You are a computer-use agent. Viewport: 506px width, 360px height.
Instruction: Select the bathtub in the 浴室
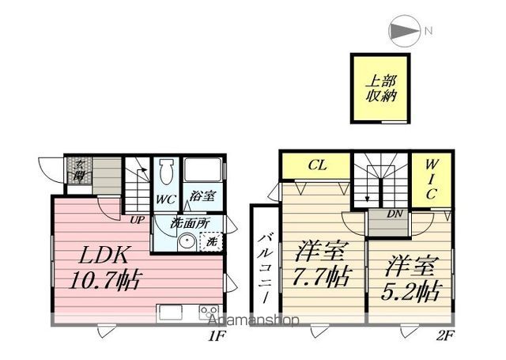point(205,171)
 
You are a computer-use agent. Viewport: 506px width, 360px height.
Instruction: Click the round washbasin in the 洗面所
point(187,243)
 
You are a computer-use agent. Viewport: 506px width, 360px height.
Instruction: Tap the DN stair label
point(396,214)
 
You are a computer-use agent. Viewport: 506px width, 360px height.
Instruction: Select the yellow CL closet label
point(318,165)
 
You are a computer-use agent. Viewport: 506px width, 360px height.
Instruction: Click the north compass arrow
point(405,32)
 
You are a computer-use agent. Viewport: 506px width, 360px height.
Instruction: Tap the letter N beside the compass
point(428,32)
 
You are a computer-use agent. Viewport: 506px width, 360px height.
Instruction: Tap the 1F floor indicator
point(217,337)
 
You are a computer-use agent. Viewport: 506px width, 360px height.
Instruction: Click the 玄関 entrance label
point(81,170)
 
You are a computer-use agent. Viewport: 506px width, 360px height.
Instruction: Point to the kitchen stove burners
point(209,310)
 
